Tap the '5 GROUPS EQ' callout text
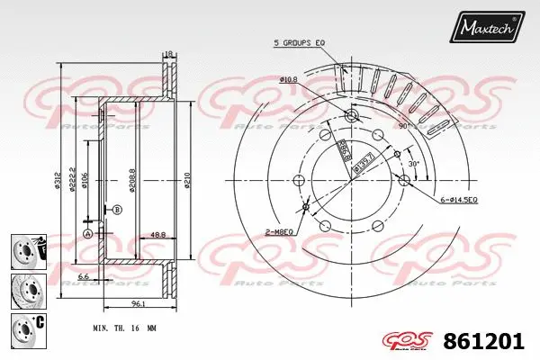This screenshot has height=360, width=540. pyautogui.click(x=301, y=41)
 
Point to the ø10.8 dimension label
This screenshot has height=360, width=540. pyautogui.click(x=288, y=80)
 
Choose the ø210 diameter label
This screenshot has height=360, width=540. pyautogui.click(x=188, y=180)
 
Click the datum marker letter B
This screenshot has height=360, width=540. pyautogui.click(x=116, y=210)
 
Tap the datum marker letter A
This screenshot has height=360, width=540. pyautogui.click(x=87, y=233)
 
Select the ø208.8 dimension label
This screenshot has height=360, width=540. pyautogui.click(x=132, y=180)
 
